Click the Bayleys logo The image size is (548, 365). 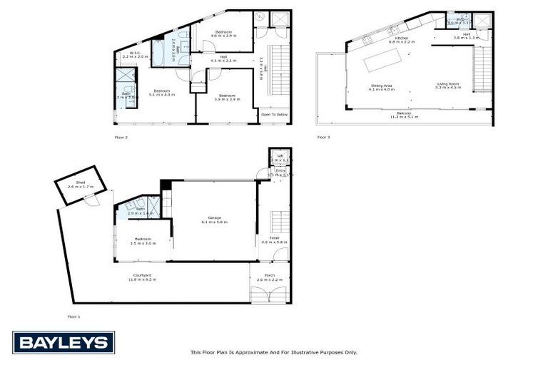tap(64, 343)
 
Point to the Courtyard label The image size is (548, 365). tap(142, 277)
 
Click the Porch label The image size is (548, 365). tap(269, 277)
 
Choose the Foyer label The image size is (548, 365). tap(274, 240)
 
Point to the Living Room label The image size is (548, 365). tap(450, 86)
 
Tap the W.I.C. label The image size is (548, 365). tap(134, 53)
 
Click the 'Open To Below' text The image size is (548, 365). tap(275, 114)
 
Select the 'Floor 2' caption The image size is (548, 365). tap(121, 136)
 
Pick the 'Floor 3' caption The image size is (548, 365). tap(324, 136)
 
